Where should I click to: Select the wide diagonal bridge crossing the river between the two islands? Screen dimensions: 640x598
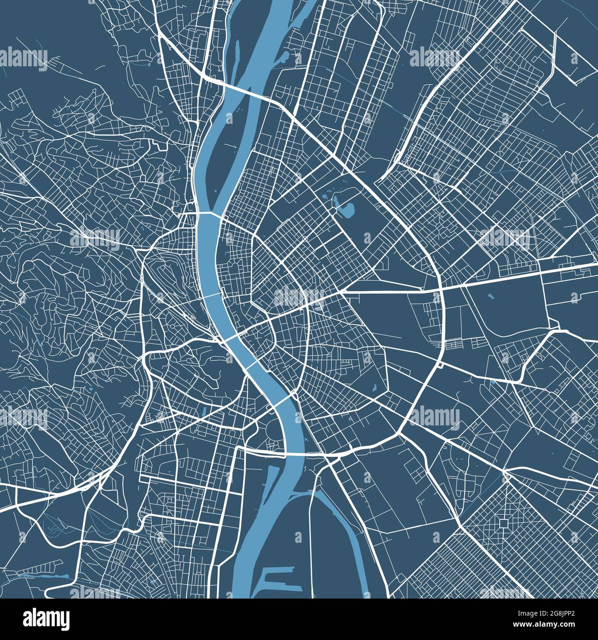pos(244,90)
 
